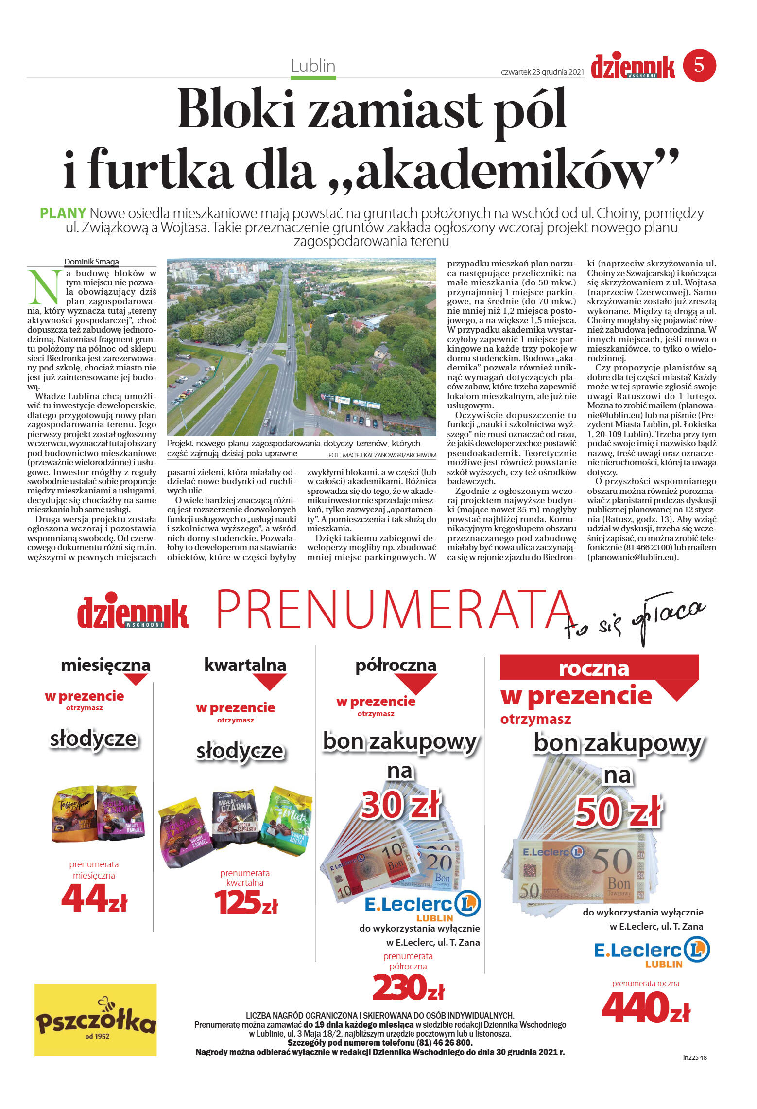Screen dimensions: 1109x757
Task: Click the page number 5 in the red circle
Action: pos(699,65)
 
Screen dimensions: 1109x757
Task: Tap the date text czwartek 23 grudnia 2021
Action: pos(542,72)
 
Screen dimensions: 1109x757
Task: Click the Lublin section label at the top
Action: pos(313,66)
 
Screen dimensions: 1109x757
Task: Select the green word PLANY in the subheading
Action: pos(63,213)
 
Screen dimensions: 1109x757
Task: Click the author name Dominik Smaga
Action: pos(91,262)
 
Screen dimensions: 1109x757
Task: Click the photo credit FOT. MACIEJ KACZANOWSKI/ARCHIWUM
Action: pos(382,455)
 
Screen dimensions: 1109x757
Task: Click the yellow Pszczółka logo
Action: pos(96,1020)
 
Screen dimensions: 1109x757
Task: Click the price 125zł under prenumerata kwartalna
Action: pos(246,902)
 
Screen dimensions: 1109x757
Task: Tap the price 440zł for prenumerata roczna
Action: pos(646,1007)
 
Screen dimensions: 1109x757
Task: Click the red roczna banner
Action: pos(594,668)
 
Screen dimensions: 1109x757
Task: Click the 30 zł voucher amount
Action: pos(400,805)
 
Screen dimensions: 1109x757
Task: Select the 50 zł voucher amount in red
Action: pos(618,812)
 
